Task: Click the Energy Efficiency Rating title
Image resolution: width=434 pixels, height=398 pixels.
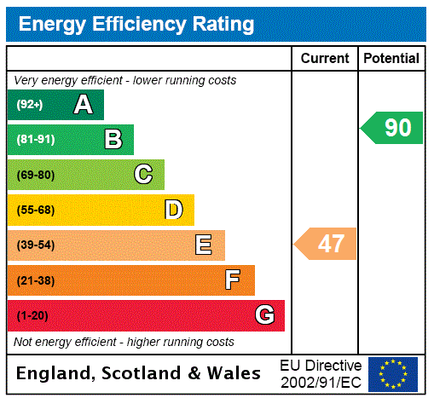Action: [136, 24]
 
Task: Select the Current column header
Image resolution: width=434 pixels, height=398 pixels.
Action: [325, 59]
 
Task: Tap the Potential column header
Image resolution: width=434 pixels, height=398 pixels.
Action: [391, 59]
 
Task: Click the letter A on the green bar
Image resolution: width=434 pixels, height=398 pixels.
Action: [83, 105]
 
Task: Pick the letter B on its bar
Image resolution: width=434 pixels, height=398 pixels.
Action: [113, 140]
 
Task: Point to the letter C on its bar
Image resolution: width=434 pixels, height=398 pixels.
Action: [143, 175]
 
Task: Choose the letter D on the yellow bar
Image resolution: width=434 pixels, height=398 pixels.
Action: [173, 210]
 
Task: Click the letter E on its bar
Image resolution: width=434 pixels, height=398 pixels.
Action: [204, 245]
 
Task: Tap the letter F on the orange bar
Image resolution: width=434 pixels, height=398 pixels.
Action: [233, 280]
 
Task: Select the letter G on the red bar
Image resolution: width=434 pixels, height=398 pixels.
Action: [264, 315]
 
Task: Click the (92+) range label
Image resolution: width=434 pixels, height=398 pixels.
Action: [30, 105]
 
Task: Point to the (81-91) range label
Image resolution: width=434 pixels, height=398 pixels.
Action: [35, 140]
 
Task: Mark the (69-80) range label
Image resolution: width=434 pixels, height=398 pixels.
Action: [35, 175]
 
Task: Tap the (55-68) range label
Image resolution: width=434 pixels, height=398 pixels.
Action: [35, 210]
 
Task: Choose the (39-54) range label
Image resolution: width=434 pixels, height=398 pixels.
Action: [35, 245]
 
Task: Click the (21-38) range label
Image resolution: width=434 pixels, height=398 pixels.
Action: [35, 280]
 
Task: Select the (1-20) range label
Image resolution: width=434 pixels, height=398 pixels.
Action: [32, 315]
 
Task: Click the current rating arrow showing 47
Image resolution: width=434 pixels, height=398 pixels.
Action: [327, 245]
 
